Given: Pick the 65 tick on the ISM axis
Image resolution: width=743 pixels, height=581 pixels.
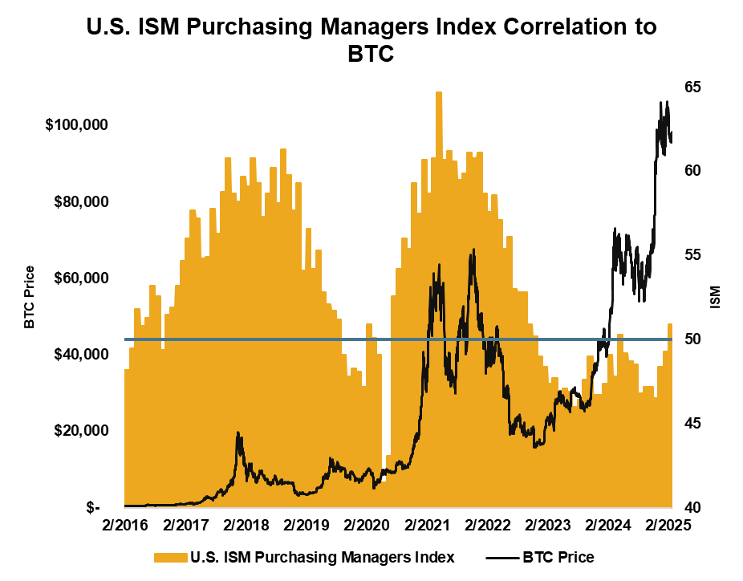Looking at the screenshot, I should (x=693, y=87).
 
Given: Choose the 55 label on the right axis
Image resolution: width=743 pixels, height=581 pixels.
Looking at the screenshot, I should (x=693, y=255).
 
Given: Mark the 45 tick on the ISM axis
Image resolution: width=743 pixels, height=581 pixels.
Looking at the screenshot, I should (x=693, y=423).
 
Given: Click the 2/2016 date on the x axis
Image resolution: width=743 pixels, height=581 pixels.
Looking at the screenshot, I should (x=125, y=526).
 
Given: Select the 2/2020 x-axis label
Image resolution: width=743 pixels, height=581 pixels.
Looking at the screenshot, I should (x=366, y=526).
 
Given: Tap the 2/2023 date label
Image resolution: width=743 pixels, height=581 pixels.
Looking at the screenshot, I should (x=547, y=526).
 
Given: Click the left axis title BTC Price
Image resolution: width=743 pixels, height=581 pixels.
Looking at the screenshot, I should (x=30, y=297).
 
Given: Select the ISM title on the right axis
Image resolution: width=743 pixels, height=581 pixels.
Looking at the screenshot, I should (x=715, y=297).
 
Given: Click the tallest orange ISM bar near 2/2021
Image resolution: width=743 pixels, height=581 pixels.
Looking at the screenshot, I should (x=439, y=241).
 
